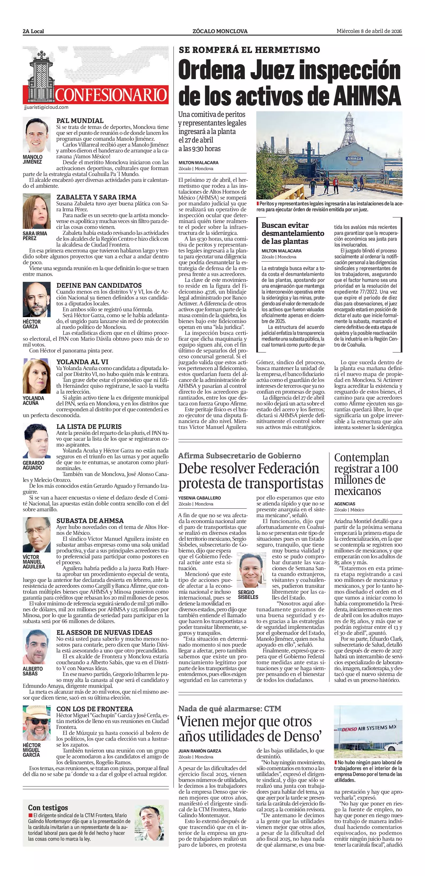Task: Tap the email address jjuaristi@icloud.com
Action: pyautogui.click(x=46, y=107)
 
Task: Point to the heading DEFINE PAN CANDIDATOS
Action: pyautogui.click(x=99, y=285)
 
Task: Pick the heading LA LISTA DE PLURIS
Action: pyautogui.click(x=89, y=427)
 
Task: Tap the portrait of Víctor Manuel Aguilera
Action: pyautogui.click(x=36, y=535)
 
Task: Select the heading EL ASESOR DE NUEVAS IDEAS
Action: pyautogui.click(x=104, y=632)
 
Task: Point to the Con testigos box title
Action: pyautogui.click(x=48, y=807)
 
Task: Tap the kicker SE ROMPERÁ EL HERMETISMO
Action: pyautogui.click(x=249, y=50)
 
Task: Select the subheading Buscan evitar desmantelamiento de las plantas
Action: pyautogui.click(x=292, y=233)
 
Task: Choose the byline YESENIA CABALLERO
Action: pyautogui.click(x=200, y=498)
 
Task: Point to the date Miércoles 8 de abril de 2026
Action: pyautogui.click(x=369, y=31)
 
